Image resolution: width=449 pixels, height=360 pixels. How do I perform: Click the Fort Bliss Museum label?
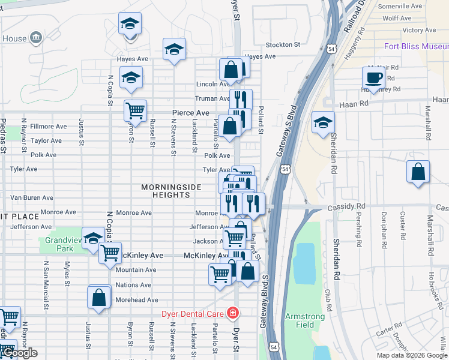click(x=417, y=46)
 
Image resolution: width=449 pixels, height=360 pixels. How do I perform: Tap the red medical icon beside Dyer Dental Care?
click(x=232, y=313)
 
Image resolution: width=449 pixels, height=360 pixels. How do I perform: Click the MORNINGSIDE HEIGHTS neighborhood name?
click(x=171, y=191)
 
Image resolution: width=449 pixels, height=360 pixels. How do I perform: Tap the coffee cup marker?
click(x=373, y=78)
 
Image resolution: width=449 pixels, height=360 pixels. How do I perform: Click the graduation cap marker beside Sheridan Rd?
click(x=323, y=122)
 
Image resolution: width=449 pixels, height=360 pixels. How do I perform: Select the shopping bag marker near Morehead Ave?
click(x=99, y=297)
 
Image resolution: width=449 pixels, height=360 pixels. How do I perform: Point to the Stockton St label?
click(x=282, y=44)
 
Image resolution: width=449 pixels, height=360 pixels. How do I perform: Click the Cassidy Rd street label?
click(x=342, y=207)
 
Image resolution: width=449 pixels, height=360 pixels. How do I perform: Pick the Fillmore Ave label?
click(x=49, y=127)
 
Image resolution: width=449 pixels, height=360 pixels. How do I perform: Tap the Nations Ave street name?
click(x=133, y=285)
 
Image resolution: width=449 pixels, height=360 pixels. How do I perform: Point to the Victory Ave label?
click(x=419, y=30)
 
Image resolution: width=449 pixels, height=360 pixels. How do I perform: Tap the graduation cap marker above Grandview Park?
click(x=93, y=238)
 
